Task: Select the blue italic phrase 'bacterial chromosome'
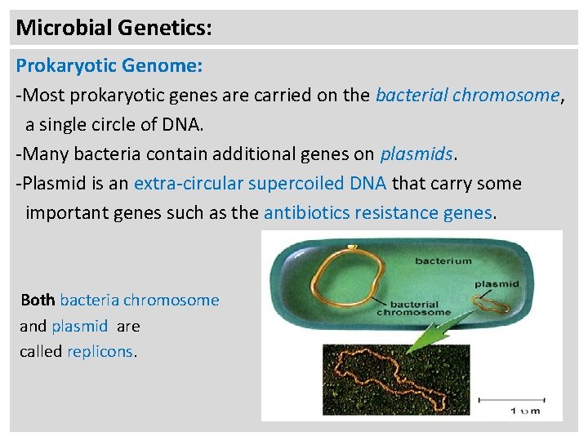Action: pyautogui.click(x=467, y=95)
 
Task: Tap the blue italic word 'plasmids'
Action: pyautogui.click(x=416, y=154)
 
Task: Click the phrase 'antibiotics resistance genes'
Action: pyautogui.click(x=378, y=212)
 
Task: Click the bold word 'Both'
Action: pyautogui.click(x=38, y=300)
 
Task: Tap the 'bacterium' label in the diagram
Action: pyautogui.click(x=443, y=261)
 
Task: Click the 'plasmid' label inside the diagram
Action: pyautogui.click(x=496, y=285)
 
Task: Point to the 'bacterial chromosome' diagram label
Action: pyautogui.click(x=413, y=306)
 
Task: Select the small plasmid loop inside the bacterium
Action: pyautogui.click(x=492, y=305)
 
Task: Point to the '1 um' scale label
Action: pyautogui.click(x=525, y=411)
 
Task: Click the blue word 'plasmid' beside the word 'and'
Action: pyautogui.click(x=79, y=326)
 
